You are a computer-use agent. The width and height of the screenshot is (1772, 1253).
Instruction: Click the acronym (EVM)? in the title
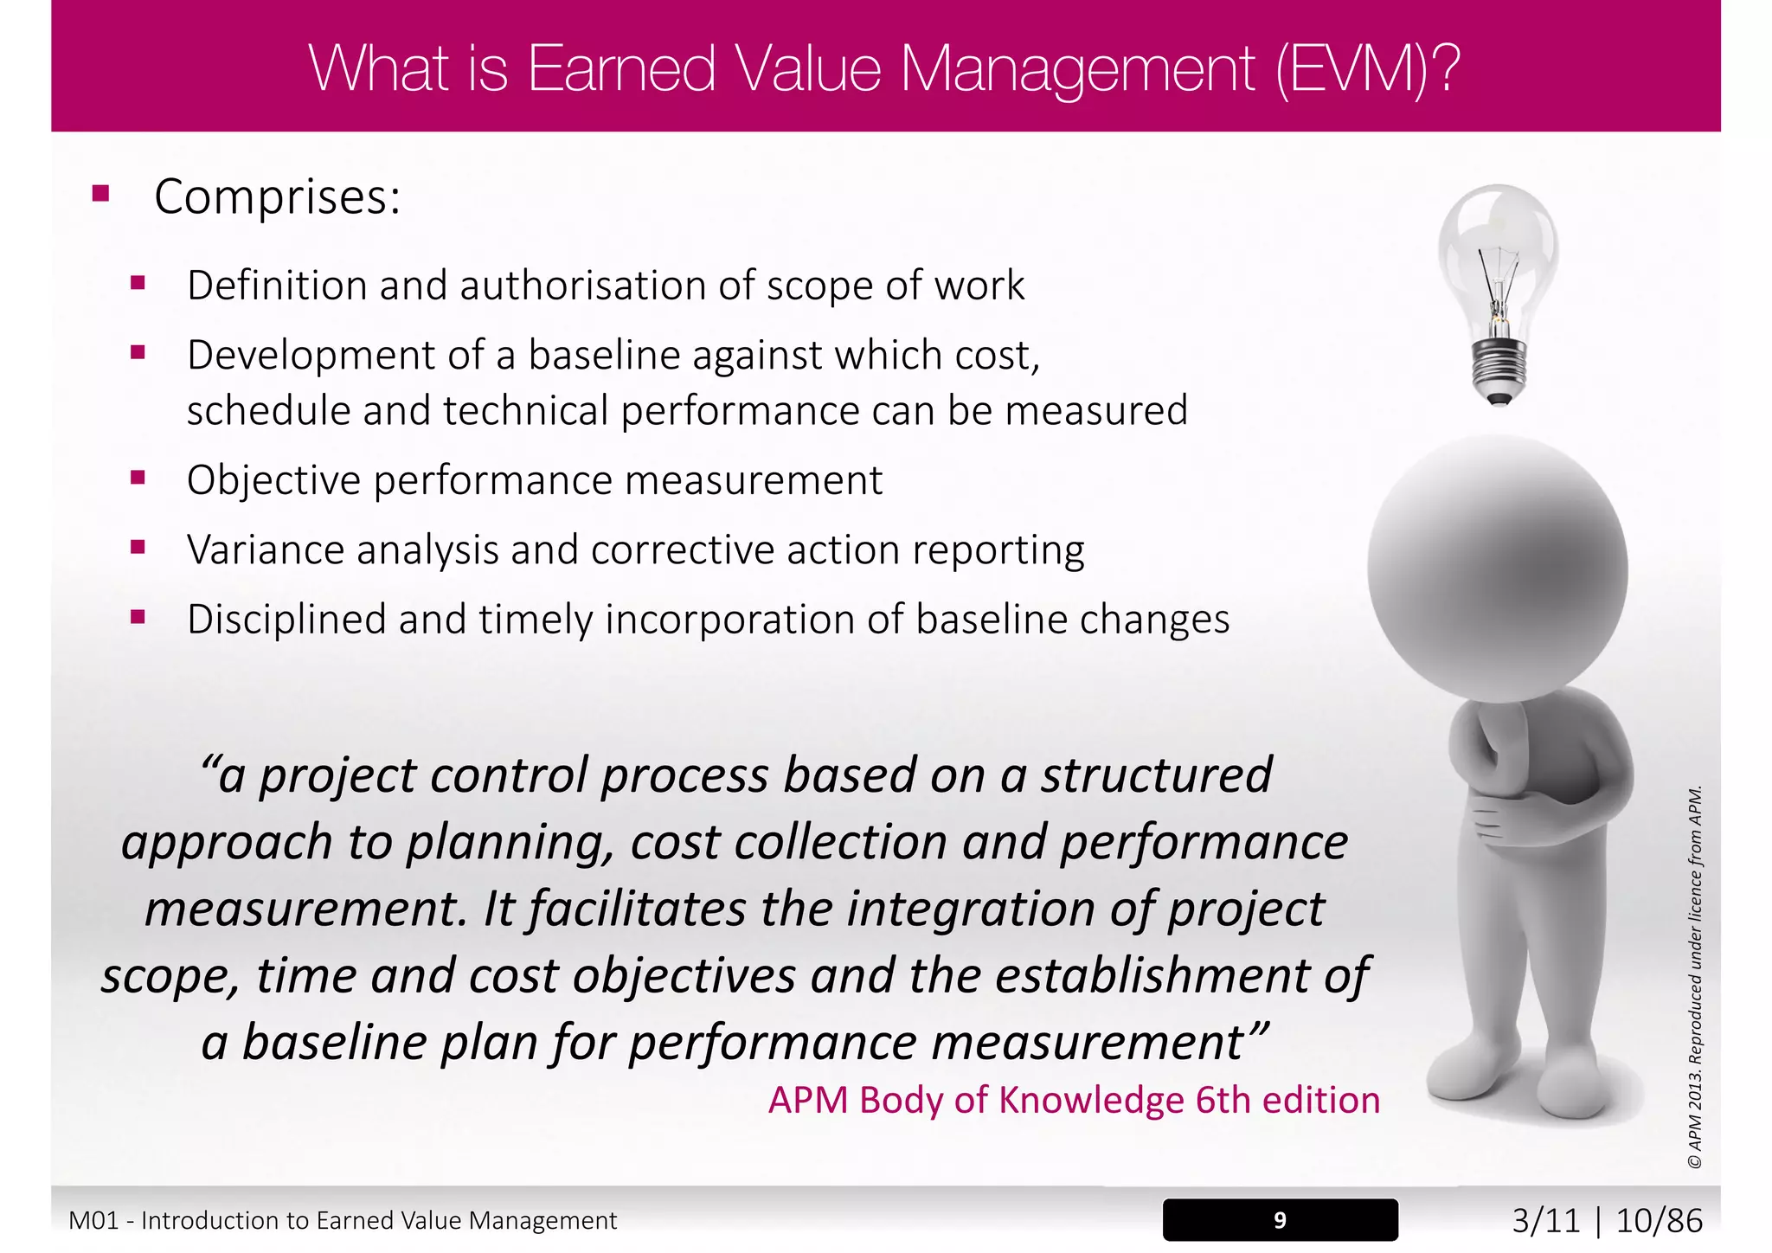point(1368,69)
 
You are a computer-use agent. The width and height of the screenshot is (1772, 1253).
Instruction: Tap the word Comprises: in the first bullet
point(277,197)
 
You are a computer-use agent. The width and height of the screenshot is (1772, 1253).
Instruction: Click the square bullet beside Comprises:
point(101,193)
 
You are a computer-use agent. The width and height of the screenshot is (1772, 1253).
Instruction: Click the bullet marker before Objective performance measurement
point(138,477)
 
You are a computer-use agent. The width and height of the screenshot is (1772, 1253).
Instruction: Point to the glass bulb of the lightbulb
point(1498,251)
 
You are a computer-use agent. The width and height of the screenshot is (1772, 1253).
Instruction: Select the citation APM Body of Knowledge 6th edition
point(1074,1101)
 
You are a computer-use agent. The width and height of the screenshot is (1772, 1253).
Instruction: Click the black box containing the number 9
point(1280,1220)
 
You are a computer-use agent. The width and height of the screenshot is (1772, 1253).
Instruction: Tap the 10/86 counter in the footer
point(1659,1221)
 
